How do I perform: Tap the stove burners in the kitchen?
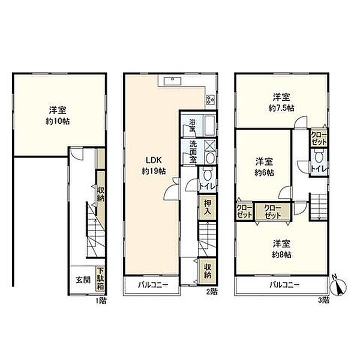(211, 100)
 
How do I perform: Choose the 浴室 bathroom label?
(192, 125)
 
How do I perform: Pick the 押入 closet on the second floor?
(206, 208)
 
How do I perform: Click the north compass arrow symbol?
(340, 287)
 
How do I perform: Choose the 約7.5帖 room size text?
(281, 109)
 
